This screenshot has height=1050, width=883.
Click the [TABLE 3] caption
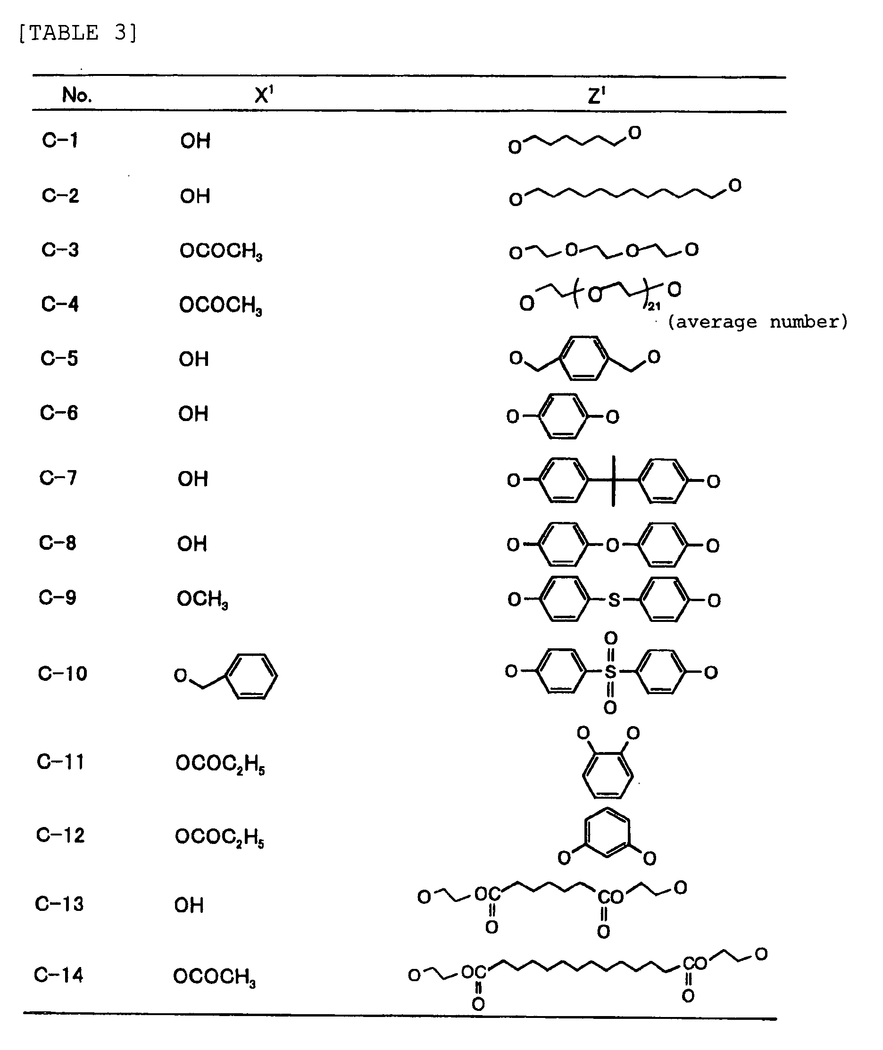click(x=77, y=33)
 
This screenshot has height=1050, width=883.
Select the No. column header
click(x=76, y=95)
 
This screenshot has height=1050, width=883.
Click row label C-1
click(x=60, y=140)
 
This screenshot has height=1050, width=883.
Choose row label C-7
click(x=58, y=478)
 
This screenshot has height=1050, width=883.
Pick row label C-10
click(x=63, y=673)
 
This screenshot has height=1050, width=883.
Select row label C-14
click(x=58, y=975)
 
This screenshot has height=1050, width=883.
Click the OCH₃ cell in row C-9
click(x=202, y=599)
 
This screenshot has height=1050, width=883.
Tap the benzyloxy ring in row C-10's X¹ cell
click(x=252, y=675)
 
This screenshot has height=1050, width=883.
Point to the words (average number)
click(x=758, y=322)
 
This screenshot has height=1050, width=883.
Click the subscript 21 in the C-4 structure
click(x=654, y=306)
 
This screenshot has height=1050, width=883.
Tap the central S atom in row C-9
click(x=614, y=600)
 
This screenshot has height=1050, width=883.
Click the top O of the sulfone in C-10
click(x=611, y=638)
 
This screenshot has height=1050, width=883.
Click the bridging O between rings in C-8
click(x=612, y=545)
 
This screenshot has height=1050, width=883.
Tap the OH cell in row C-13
click(x=189, y=905)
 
